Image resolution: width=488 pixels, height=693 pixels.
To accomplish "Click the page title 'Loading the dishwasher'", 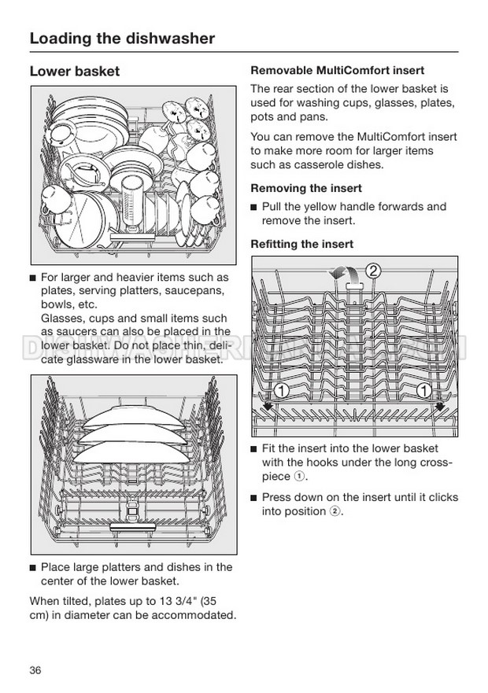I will (x=122, y=38).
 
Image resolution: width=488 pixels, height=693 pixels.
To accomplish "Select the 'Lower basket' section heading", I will (x=75, y=72).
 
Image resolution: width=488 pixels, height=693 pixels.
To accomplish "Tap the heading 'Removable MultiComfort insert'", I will (x=337, y=70).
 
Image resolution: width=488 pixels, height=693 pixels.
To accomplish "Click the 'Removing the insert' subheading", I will (x=306, y=188).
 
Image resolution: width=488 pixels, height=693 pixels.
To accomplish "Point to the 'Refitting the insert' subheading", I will (x=302, y=245).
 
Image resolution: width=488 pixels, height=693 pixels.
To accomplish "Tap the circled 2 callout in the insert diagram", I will (x=374, y=271).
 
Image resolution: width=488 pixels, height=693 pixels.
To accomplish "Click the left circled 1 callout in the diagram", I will (x=280, y=391).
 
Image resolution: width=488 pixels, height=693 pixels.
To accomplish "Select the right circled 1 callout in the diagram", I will (x=424, y=391).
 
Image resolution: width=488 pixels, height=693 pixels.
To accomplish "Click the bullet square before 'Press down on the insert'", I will (x=253, y=498).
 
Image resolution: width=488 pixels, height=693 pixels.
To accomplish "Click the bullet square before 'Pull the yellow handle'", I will (x=253, y=208).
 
